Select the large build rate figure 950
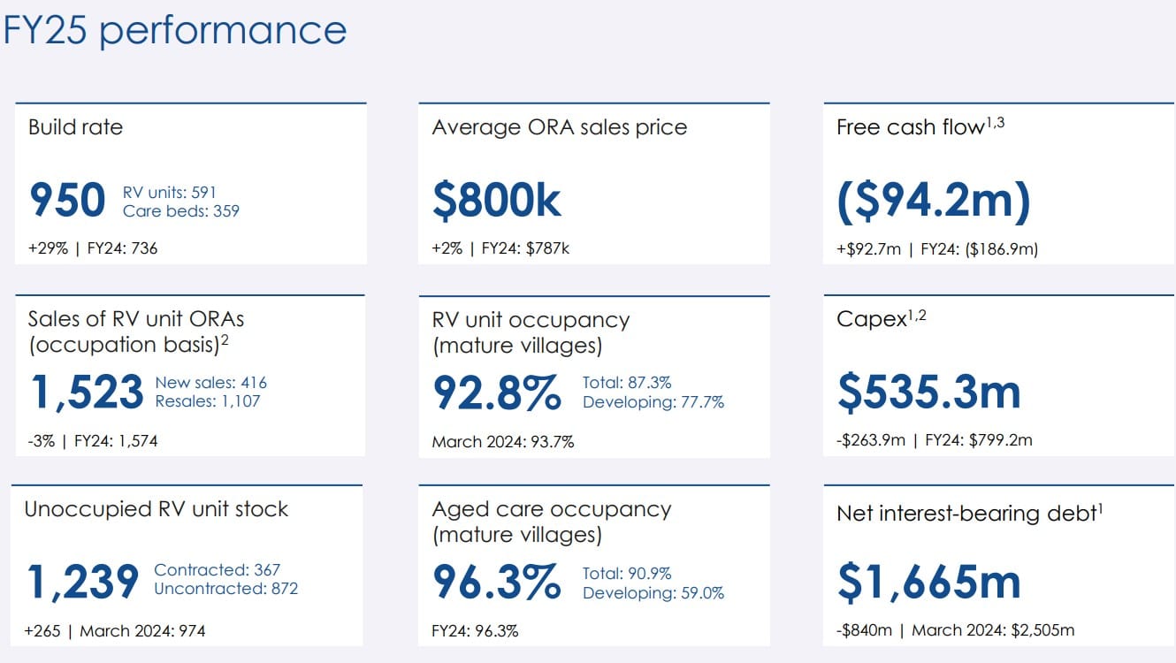67,201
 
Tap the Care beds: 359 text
181,211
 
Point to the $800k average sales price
496,201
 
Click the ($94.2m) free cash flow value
933,201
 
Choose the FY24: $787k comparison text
525,248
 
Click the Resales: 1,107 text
208,401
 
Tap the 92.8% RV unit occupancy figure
496,392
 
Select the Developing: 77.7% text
653,402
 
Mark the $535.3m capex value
928,392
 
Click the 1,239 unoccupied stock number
82,582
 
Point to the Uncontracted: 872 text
225,589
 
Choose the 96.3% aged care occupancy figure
496,582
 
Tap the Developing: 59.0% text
653,593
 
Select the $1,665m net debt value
928,582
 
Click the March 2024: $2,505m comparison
993,630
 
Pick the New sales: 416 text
210,383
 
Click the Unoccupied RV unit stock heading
157,509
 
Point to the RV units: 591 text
170,192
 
